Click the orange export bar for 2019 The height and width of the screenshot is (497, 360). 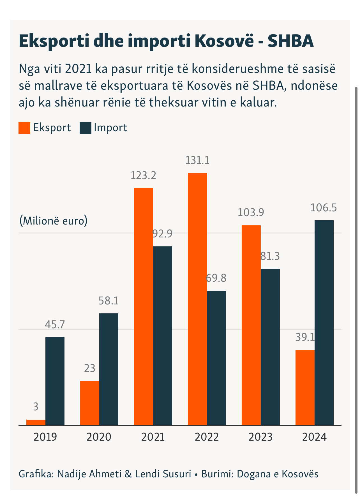pyautogui.click(x=36, y=422)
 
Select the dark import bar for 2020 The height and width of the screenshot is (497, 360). pyautogui.click(x=109, y=369)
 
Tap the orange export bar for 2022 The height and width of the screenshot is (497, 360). pyautogui.click(x=197, y=299)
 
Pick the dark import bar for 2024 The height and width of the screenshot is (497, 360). pyautogui.click(x=324, y=322)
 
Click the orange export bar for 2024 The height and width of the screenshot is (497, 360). pyautogui.click(x=305, y=387)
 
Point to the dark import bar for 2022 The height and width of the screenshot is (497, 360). pyautogui.click(x=216, y=358)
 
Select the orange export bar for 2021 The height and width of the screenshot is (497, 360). pyautogui.click(x=144, y=306)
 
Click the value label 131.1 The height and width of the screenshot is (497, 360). pyautogui.click(x=197, y=160)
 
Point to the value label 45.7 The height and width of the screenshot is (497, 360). pyautogui.click(x=55, y=324)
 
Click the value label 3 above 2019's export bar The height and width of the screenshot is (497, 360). pyautogui.click(x=36, y=407)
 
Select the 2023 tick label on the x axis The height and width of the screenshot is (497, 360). pyautogui.click(x=260, y=437)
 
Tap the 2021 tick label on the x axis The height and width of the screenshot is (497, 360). pyautogui.click(x=153, y=437)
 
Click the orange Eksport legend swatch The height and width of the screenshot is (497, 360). pyautogui.click(x=24, y=128)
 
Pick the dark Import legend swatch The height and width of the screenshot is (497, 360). pyautogui.click(x=86, y=128)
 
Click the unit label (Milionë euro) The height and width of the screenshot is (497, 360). pyautogui.click(x=53, y=221)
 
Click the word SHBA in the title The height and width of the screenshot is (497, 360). pyautogui.click(x=290, y=41)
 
